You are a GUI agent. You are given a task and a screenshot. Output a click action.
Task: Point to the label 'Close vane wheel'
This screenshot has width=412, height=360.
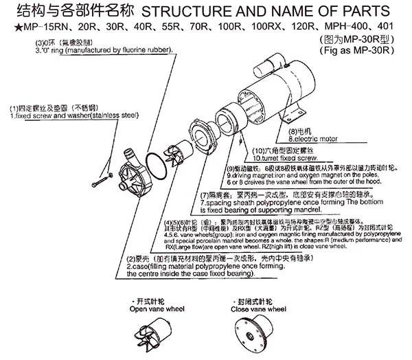pos(257,309)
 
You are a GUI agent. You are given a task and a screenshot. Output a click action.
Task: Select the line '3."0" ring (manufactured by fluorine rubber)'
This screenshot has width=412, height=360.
pos(103,50)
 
